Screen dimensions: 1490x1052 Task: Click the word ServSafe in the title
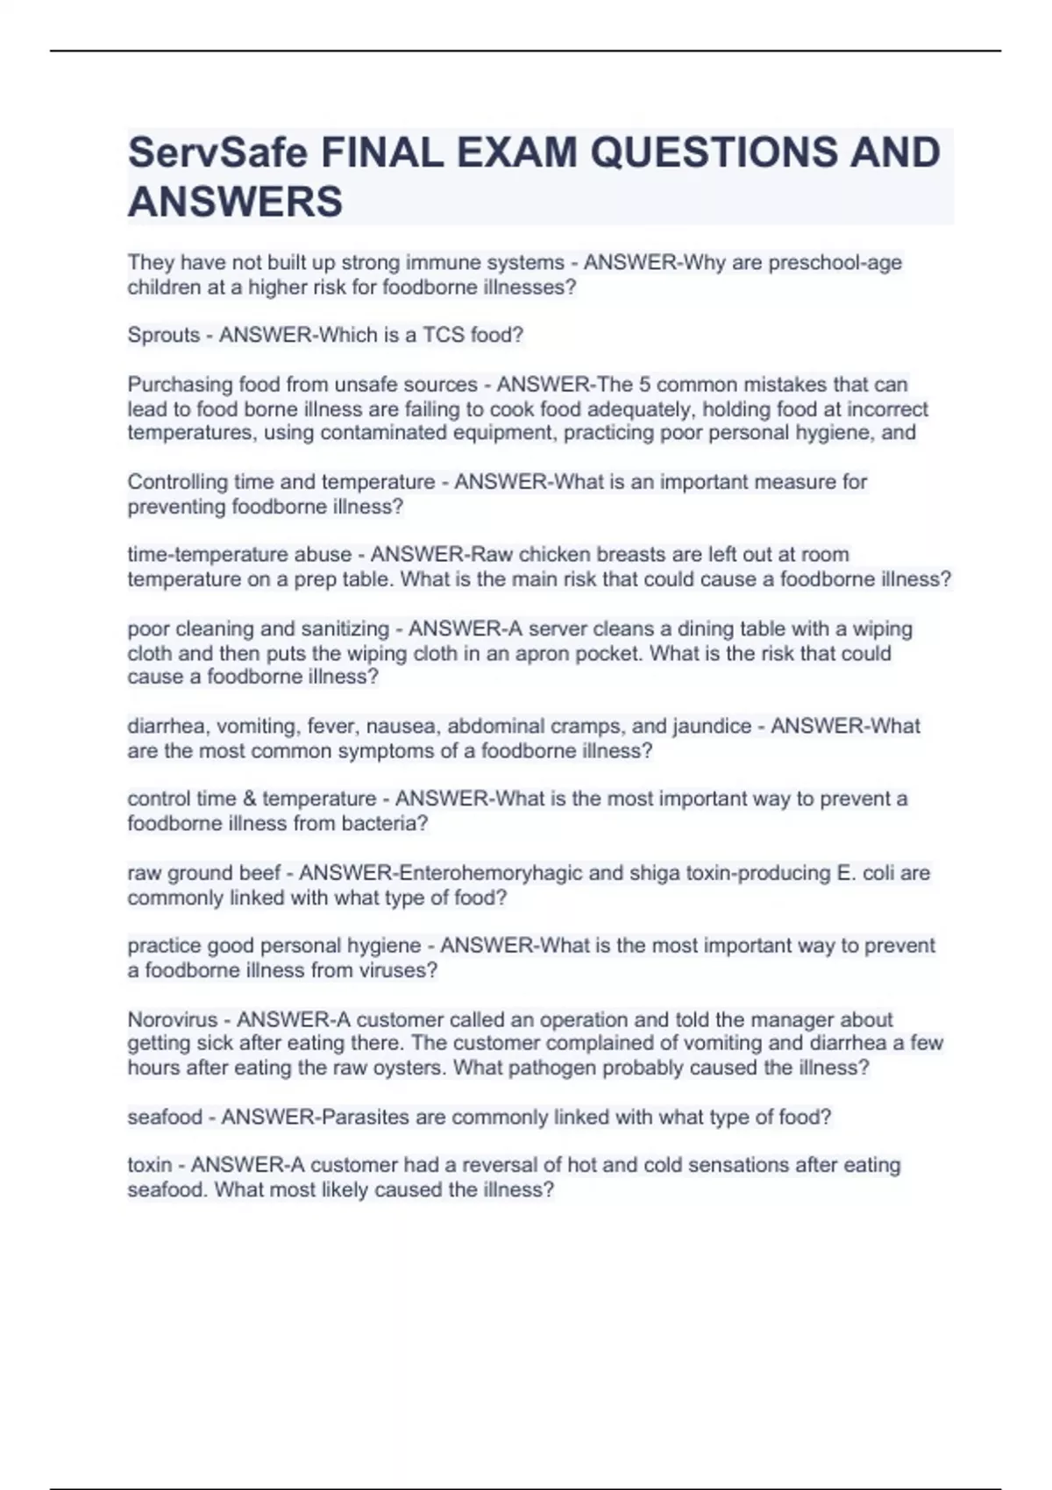pyautogui.click(x=217, y=153)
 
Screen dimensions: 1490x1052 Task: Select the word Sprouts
pyautogui.click(x=163, y=335)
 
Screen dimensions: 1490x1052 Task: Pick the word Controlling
pyautogui.click(x=177, y=482)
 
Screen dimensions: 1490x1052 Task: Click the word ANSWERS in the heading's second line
pyautogui.click(x=235, y=202)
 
